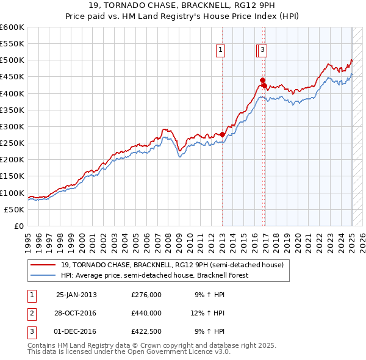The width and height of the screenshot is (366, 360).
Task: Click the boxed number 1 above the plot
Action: click(220, 51)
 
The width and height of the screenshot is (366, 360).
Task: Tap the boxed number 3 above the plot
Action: click(262, 51)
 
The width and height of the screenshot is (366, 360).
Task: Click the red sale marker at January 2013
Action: click(223, 134)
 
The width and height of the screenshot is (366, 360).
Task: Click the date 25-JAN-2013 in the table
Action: click(76, 295)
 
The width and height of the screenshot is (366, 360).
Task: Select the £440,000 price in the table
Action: click(146, 313)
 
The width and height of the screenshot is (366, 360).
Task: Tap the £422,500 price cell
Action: click(146, 331)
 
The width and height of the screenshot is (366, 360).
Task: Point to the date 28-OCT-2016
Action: click(76, 313)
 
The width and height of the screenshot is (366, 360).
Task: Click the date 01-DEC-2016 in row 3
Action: click(76, 331)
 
